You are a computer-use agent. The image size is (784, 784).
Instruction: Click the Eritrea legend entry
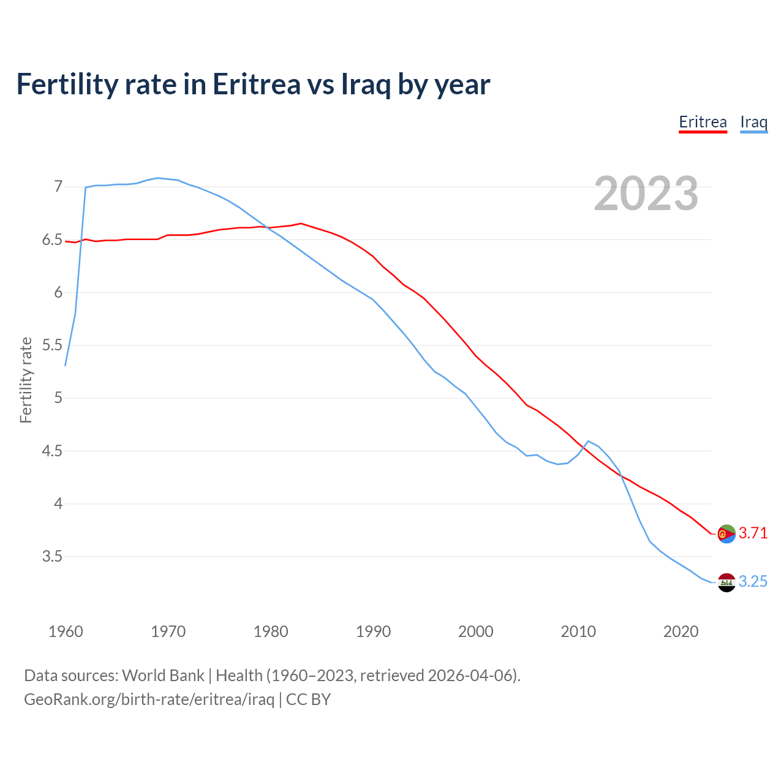pos(703,123)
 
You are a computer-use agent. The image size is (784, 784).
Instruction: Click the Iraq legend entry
pos(753,123)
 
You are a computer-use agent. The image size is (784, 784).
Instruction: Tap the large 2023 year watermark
pos(646,194)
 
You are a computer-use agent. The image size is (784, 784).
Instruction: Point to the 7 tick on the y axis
pos(58,186)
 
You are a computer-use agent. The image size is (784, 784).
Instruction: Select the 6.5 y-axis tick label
pos(52,239)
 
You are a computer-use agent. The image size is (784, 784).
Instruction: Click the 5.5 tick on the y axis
pos(52,345)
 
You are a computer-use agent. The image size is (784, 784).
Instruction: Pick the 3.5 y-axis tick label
pos(52,557)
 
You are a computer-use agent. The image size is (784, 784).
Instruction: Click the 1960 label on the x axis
pos(66,631)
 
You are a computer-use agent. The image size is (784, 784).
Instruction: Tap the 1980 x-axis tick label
pos(271,631)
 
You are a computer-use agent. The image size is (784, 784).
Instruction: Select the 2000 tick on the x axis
pos(476,631)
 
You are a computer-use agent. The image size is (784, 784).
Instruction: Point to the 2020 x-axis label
pos(680,631)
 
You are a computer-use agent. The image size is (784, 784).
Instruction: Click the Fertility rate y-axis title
pos(26,380)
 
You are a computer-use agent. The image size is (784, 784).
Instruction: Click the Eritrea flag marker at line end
pos(726,533)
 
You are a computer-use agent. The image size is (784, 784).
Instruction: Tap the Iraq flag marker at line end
pos(726,582)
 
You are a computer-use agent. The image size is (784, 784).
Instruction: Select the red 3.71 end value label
pos(753,533)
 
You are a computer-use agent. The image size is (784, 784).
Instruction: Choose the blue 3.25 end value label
pos(753,582)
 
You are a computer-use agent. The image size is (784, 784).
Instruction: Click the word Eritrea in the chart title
pos(256,85)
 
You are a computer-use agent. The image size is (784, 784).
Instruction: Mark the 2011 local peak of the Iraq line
pos(588,441)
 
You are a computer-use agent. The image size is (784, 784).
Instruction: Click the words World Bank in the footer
pos(163,676)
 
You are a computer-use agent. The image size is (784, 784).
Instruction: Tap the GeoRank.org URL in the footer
pos(149,699)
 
